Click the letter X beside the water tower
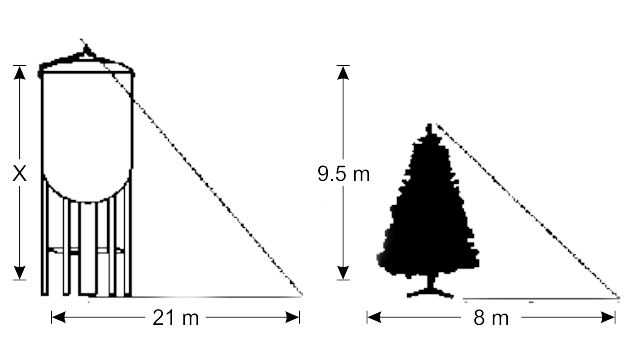pos(20,174)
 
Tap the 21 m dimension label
pos(176,318)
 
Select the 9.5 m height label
pos(344,174)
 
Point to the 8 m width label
pos(491,318)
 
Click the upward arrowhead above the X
pos(20,72)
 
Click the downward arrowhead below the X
pos(20,273)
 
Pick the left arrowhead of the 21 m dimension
pos(58,317)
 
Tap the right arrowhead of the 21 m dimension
pos(293,317)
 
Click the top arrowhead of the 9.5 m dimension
pos(343,72)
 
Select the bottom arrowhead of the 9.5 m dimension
pos(343,273)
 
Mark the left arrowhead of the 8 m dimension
pos(374,317)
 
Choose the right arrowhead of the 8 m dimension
pos(608,317)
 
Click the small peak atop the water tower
pos(86,51)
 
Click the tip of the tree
pos(429,125)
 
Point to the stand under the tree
pos(430,288)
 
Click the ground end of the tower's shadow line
pos(301,295)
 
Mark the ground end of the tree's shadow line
pos(618,298)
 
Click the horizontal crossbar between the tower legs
pos(86,251)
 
